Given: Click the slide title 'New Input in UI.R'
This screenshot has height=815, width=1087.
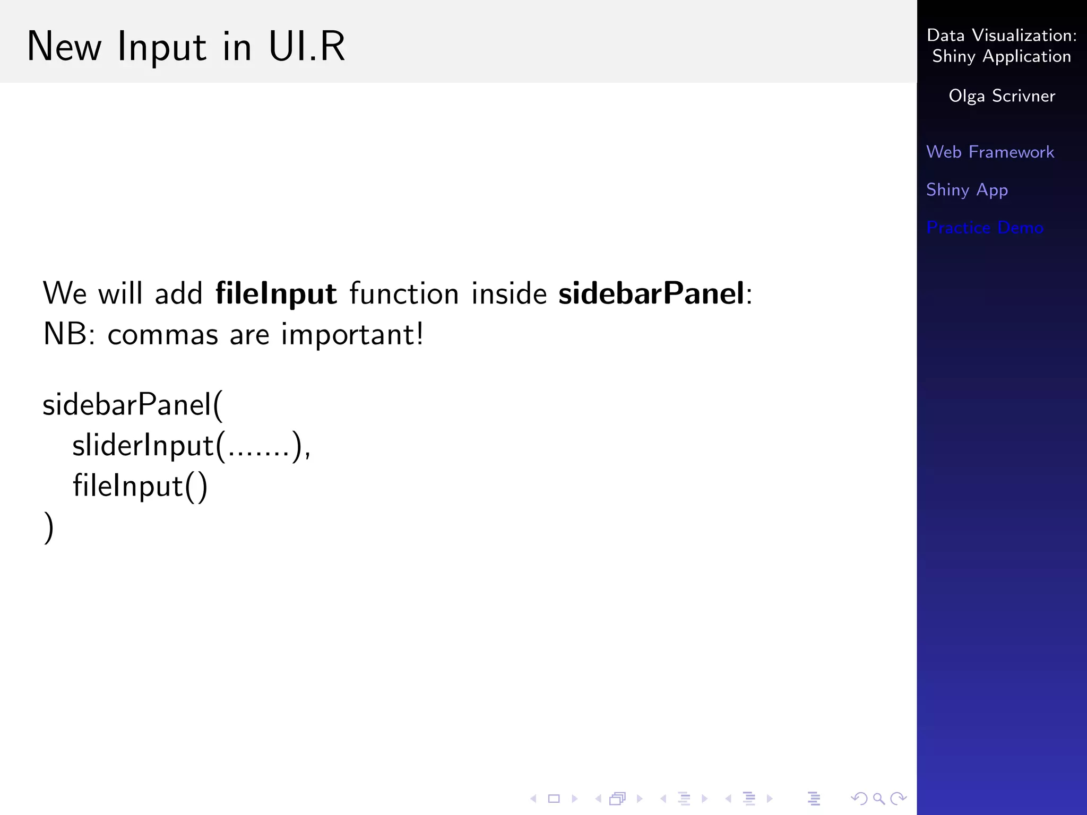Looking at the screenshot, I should (x=186, y=47).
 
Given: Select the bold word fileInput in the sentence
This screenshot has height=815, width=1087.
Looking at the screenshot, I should (x=276, y=293).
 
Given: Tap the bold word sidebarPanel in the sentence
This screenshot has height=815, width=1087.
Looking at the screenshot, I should (x=652, y=293).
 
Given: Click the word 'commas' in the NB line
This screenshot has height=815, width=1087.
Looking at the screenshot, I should (x=163, y=335).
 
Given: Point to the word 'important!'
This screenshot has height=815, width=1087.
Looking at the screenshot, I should (x=352, y=335).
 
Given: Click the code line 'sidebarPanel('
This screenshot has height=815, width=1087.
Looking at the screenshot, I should (x=133, y=405).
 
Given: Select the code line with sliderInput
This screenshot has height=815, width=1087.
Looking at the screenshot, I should (x=191, y=446).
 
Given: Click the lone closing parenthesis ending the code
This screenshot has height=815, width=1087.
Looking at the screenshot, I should (x=48, y=527).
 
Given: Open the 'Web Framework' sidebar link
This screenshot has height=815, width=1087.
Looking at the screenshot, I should (x=990, y=152).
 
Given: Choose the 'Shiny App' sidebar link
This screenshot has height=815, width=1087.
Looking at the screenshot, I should (x=967, y=190).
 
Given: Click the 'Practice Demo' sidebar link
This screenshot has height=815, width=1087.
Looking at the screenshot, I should (x=985, y=228).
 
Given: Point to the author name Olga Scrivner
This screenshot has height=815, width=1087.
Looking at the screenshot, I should (x=1002, y=96).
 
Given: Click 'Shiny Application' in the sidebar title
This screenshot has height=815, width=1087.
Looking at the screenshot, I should (x=1002, y=56).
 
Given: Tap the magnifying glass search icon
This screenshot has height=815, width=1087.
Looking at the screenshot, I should (x=878, y=799).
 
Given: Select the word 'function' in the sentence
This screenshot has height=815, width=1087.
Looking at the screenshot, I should (x=404, y=293).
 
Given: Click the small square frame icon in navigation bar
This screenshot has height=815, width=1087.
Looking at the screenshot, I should (x=554, y=799).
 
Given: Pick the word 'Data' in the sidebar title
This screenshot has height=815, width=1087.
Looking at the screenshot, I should (x=945, y=36).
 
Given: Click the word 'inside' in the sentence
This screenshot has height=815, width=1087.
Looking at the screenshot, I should (x=509, y=293).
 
